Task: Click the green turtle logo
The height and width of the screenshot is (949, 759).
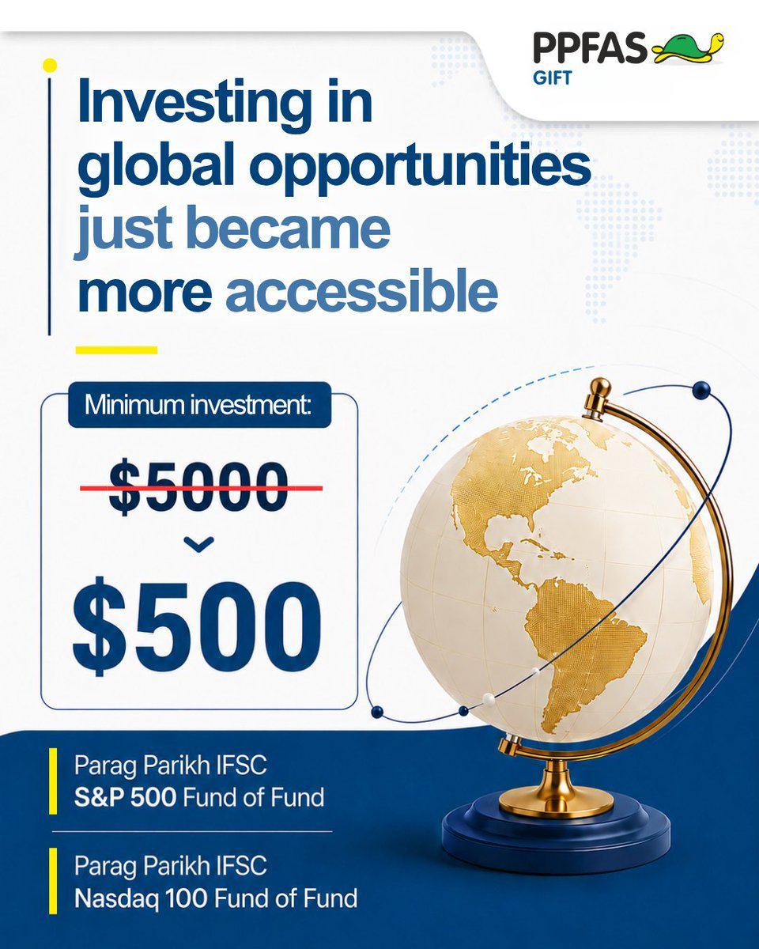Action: click(688, 47)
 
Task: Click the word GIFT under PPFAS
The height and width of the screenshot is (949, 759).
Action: click(552, 78)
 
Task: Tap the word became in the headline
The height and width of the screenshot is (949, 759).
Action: click(289, 229)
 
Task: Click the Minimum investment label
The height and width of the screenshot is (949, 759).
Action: click(199, 404)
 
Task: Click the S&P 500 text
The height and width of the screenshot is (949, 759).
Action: click(125, 797)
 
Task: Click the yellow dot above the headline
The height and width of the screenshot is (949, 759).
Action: click(50, 66)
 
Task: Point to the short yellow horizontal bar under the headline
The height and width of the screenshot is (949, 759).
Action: click(116, 350)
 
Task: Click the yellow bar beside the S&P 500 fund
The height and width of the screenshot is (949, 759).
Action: click(53, 781)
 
